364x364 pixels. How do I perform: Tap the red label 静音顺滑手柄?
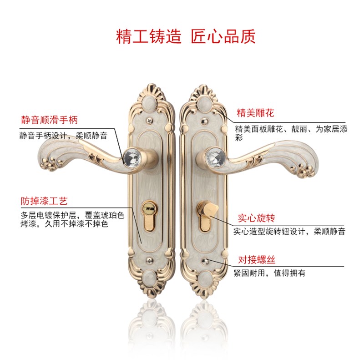(49, 120)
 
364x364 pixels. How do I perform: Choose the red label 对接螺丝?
(257, 260)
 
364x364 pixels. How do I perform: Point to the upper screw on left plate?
(148, 121)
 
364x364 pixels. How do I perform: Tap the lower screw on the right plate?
(207, 261)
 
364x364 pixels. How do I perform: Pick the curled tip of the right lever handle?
(306, 169)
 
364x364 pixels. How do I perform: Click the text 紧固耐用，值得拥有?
(269, 273)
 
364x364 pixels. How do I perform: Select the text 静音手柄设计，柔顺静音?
(63, 136)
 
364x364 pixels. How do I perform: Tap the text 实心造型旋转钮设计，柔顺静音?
(289, 232)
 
